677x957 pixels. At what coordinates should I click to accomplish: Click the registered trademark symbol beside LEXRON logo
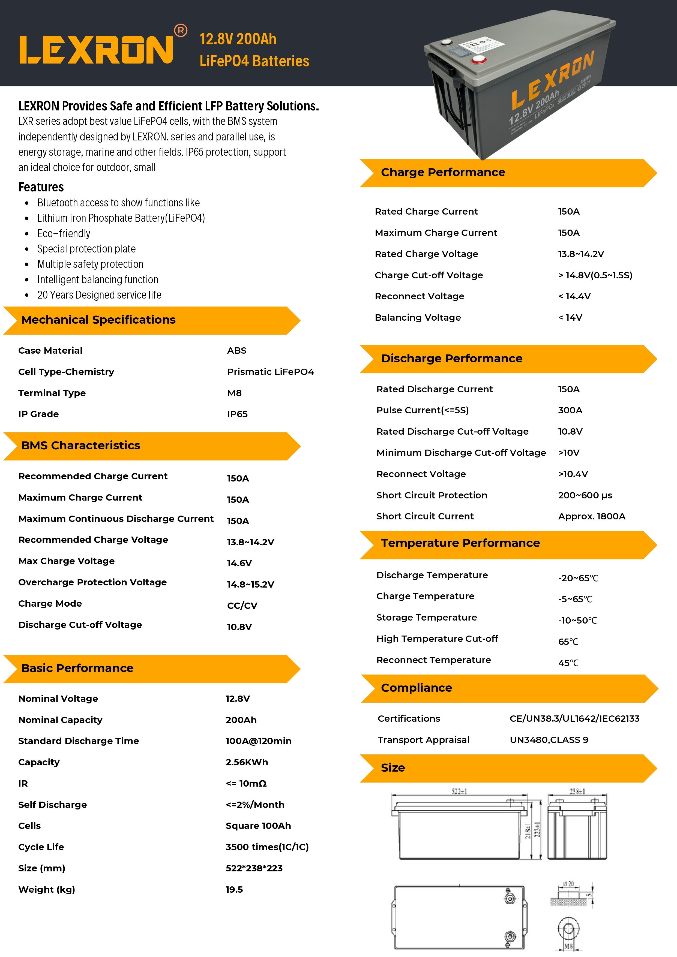(181, 31)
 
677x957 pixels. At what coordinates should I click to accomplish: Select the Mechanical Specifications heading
(98, 320)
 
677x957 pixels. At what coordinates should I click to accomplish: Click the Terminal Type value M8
(234, 393)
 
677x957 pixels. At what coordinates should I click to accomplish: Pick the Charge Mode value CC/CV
(242, 606)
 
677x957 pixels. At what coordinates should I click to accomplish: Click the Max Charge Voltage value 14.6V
(239, 563)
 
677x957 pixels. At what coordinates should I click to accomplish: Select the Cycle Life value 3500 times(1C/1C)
(267, 847)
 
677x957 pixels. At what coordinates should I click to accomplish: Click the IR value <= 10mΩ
(246, 784)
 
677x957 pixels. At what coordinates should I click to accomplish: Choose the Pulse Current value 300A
(570, 410)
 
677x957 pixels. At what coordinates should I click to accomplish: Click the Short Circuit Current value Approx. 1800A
(592, 516)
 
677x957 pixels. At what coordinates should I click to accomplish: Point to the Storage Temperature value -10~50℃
(577, 621)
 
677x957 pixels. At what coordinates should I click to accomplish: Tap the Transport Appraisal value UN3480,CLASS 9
(549, 740)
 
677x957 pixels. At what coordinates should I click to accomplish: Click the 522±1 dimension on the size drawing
(459, 791)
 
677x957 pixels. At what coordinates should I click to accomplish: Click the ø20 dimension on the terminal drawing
(568, 884)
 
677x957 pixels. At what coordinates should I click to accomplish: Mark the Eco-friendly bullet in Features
(64, 233)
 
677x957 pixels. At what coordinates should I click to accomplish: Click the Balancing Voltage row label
(418, 318)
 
